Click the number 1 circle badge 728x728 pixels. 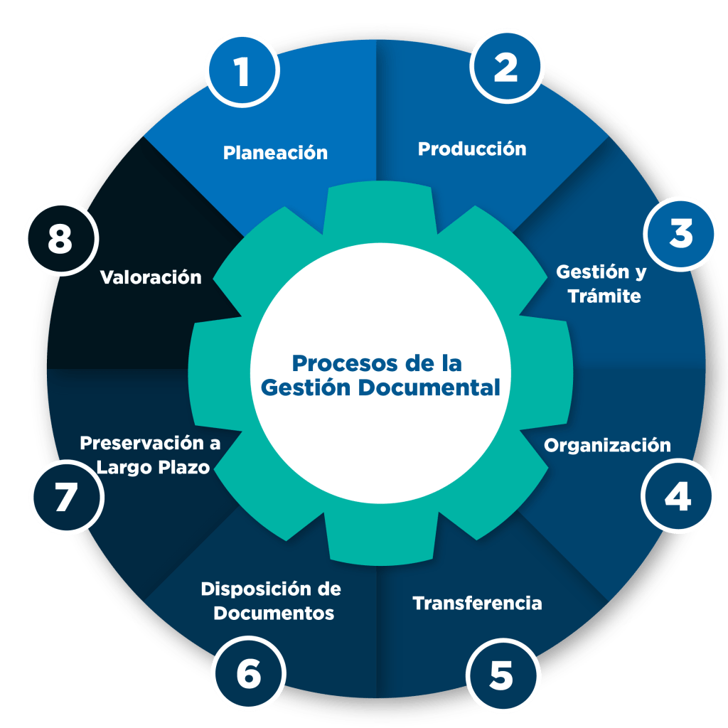pos(242,72)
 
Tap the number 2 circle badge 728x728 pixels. pos(506,68)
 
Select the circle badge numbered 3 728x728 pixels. pos(680,235)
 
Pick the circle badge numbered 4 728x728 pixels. pos(678,497)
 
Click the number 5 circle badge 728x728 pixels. pos(502,676)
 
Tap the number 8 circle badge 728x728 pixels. pos(60,240)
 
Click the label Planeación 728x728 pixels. pos(275,152)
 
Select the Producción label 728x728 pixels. pos(472,149)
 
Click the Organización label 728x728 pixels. pos(607,445)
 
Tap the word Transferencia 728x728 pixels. pos(477,603)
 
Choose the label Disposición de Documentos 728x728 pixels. pos(272,601)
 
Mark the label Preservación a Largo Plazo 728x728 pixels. pos(151,455)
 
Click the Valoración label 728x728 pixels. pos(151,277)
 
